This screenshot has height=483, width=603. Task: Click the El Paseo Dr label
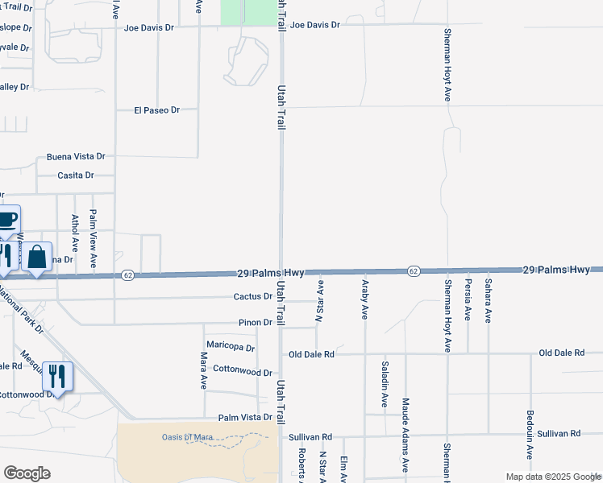156,109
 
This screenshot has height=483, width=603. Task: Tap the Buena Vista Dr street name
76,156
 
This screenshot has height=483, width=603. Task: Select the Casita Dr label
76,175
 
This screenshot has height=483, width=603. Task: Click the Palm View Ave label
93,238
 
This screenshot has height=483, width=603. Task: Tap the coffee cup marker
6,219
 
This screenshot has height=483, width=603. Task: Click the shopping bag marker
37,257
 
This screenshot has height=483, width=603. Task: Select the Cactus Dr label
252,296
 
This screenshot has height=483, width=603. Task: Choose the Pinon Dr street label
256,322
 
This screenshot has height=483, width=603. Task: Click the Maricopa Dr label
231,348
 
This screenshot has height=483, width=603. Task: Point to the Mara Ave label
204,370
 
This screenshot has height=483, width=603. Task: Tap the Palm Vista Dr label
245,418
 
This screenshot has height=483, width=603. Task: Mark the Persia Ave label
468,299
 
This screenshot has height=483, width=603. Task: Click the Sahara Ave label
488,300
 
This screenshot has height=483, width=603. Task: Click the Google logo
27,473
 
